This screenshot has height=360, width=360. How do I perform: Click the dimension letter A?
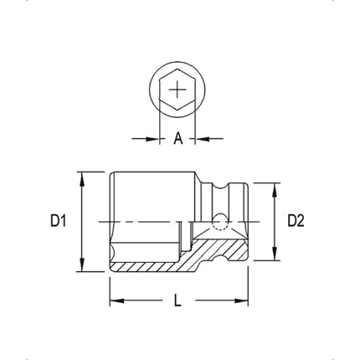[x=178, y=139]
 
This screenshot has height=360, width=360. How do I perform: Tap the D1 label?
[x=58, y=221]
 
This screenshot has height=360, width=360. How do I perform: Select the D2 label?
[x=296, y=221]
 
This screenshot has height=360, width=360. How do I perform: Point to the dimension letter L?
[x=177, y=301]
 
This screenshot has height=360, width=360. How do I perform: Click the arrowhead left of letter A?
[x=154, y=139]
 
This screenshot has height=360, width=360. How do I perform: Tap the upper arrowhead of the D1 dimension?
[x=81, y=177]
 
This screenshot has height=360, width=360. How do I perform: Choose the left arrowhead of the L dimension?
[x=116, y=301]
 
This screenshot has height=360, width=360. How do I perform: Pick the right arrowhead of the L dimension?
[x=245, y=301]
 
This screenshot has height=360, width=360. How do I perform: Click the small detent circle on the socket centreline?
[x=219, y=221]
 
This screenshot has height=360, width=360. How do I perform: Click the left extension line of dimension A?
[x=160, y=126]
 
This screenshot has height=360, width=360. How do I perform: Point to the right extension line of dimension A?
[x=196, y=126]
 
